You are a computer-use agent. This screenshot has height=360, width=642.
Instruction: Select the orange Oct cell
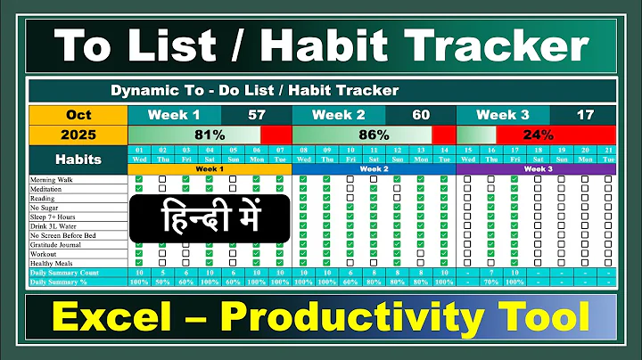[78, 115]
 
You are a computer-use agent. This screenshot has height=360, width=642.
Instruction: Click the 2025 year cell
[78, 135]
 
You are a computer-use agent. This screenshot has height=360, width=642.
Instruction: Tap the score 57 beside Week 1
[257, 115]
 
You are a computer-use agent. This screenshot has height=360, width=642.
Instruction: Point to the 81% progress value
[209, 135]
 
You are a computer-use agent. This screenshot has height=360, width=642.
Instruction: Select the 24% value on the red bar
[539, 135]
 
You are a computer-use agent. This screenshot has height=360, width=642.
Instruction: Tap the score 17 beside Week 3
[585, 115]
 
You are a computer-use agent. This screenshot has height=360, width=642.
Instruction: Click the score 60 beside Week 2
[421, 115]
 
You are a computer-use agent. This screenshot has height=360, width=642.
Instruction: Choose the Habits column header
[78, 160]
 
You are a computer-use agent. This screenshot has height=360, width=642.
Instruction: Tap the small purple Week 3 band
[538, 168]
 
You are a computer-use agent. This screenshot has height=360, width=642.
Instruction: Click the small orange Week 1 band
[209, 168]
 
